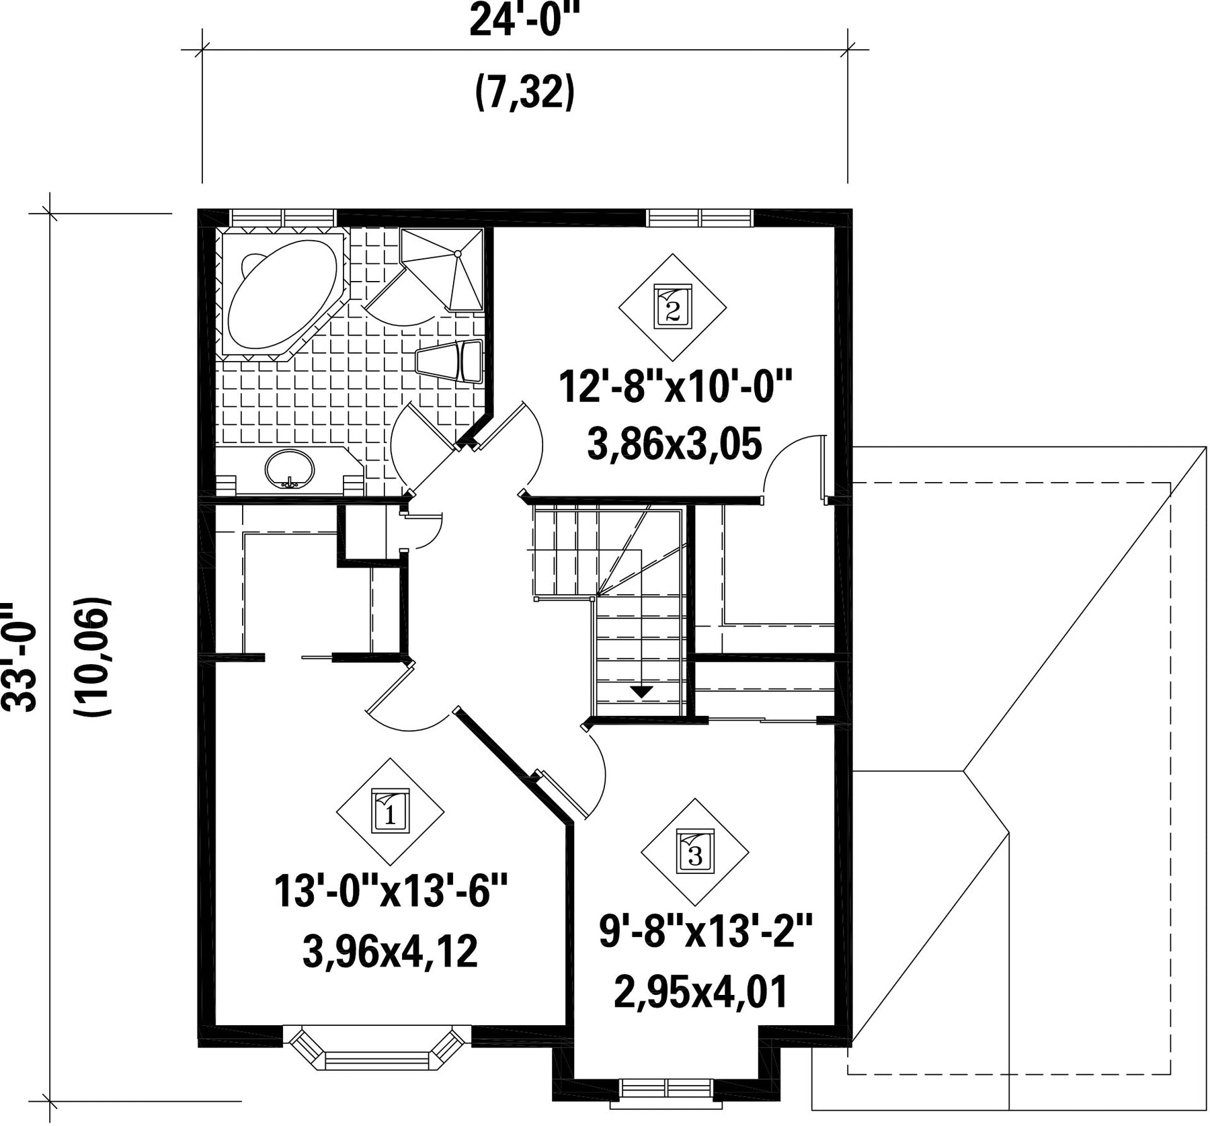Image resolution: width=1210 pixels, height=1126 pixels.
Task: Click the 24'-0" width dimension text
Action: pos(524,21)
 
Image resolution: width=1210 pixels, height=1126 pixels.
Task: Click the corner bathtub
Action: pos(282,294)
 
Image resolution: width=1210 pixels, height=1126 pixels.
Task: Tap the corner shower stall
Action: pos(442,269)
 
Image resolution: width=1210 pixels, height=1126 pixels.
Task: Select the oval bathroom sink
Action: pos(290,469)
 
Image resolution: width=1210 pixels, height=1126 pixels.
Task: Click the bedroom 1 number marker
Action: pos(390,811)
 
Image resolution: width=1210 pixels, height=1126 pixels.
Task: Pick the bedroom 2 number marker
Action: pos(673,307)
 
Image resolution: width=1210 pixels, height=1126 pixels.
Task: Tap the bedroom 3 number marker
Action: pos(694,852)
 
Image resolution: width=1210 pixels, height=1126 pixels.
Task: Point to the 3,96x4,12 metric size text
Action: pos(390,951)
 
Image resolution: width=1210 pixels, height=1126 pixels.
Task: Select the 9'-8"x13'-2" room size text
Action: pos(706,932)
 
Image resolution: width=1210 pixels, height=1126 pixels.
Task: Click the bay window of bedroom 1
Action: pos(376,1047)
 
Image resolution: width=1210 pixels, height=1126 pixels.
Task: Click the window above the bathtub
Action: pos(282,218)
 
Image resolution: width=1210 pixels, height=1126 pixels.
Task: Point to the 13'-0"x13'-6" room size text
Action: pos(390,892)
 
